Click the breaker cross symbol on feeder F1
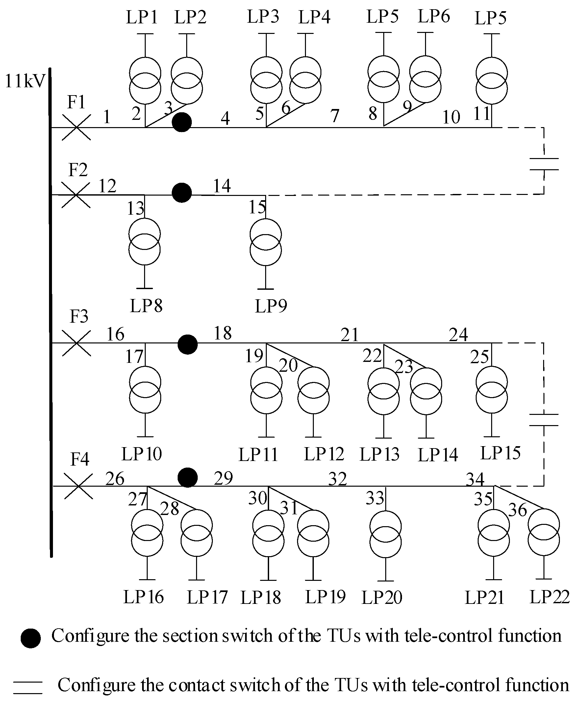coord(76,127)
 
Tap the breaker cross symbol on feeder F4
coord(78,486)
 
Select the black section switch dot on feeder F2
coord(182,193)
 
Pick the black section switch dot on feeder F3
coord(188,344)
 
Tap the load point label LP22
coord(549,597)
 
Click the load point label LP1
coord(141,17)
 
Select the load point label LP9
coord(271,306)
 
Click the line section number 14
coord(222,186)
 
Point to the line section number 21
coord(349,335)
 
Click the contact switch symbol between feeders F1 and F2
coord(544,164)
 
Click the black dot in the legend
coord(31,638)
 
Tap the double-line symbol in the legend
coord(28,687)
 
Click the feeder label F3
coord(79,316)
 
